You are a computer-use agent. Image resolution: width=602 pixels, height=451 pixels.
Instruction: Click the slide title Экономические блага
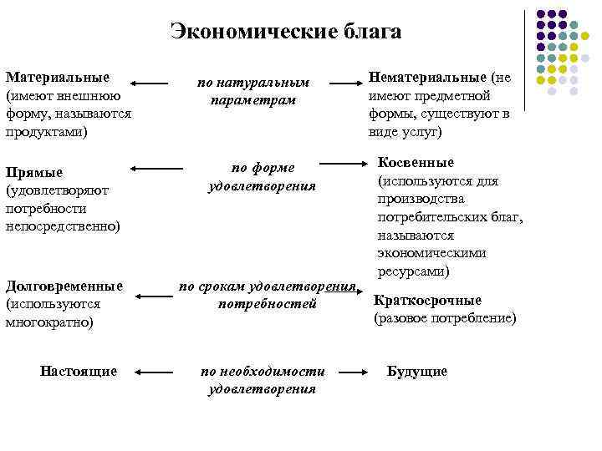pos(285,32)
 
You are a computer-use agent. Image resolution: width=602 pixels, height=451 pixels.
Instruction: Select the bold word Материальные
pos(57,78)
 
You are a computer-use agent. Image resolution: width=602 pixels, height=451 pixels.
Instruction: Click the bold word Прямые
pos(34,172)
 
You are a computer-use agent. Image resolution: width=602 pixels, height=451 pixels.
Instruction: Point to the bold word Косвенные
pos(416,162)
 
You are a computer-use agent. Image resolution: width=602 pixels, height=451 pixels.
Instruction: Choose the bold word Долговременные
pos(64,286)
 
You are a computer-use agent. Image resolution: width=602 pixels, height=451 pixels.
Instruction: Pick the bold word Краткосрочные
pos(426,301)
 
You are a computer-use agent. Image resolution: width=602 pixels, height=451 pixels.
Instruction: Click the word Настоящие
pos(79,371)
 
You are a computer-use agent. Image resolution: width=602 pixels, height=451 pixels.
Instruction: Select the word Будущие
pos(416,371)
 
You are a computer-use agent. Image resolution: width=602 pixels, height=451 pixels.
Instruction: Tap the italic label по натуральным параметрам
pos(253,91)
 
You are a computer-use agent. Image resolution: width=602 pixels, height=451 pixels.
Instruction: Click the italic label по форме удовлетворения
pos(262,175)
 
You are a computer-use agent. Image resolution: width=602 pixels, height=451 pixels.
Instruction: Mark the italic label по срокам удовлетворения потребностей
pos(267,295)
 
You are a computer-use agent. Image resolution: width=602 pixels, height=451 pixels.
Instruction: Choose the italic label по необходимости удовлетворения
pos(262,379)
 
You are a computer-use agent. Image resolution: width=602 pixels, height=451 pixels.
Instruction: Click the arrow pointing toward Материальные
pos(151,84)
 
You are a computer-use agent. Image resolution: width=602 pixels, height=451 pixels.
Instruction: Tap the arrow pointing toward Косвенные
pos(342,163)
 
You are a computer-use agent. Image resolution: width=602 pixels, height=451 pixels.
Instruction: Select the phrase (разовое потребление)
pos(445,318)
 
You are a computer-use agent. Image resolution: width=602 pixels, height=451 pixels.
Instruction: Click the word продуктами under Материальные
pos(46,131)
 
